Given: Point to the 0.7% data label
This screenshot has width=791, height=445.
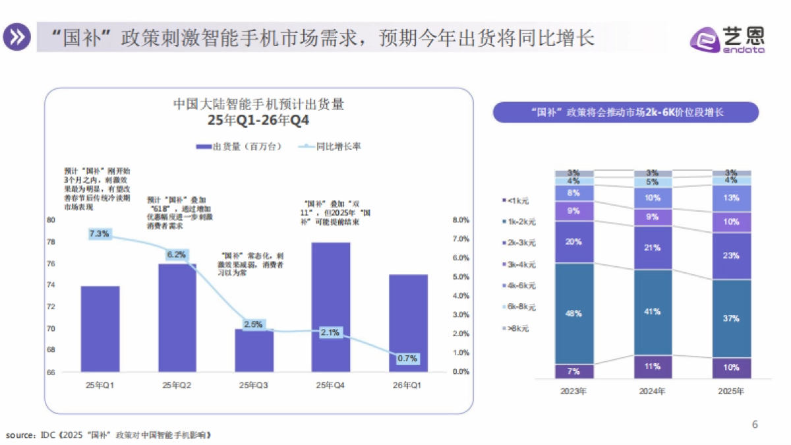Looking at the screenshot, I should [x=408, y=359].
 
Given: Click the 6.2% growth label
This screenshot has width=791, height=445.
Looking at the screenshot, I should [x=177, y=254].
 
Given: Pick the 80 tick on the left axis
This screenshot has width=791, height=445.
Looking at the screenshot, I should [x=50, y=220].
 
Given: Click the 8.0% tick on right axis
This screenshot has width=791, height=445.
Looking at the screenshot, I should [x=460, y=220].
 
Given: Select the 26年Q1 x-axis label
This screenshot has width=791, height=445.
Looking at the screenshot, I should [x=408, y=385].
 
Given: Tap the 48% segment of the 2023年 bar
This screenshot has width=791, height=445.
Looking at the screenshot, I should [x=573, y=314].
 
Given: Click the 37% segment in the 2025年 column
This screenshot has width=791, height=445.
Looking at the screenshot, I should [x=731, y=318].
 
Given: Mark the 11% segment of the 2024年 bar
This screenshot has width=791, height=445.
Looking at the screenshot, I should [x=652, y=367].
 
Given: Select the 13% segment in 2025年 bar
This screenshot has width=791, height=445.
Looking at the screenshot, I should [x=731, y=198].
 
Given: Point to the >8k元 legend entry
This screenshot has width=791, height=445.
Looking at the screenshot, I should [x=517, y=328].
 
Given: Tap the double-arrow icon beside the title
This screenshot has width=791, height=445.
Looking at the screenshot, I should [x=17, y=38].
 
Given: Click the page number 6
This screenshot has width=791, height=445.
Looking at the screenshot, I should [x=755, y=425].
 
